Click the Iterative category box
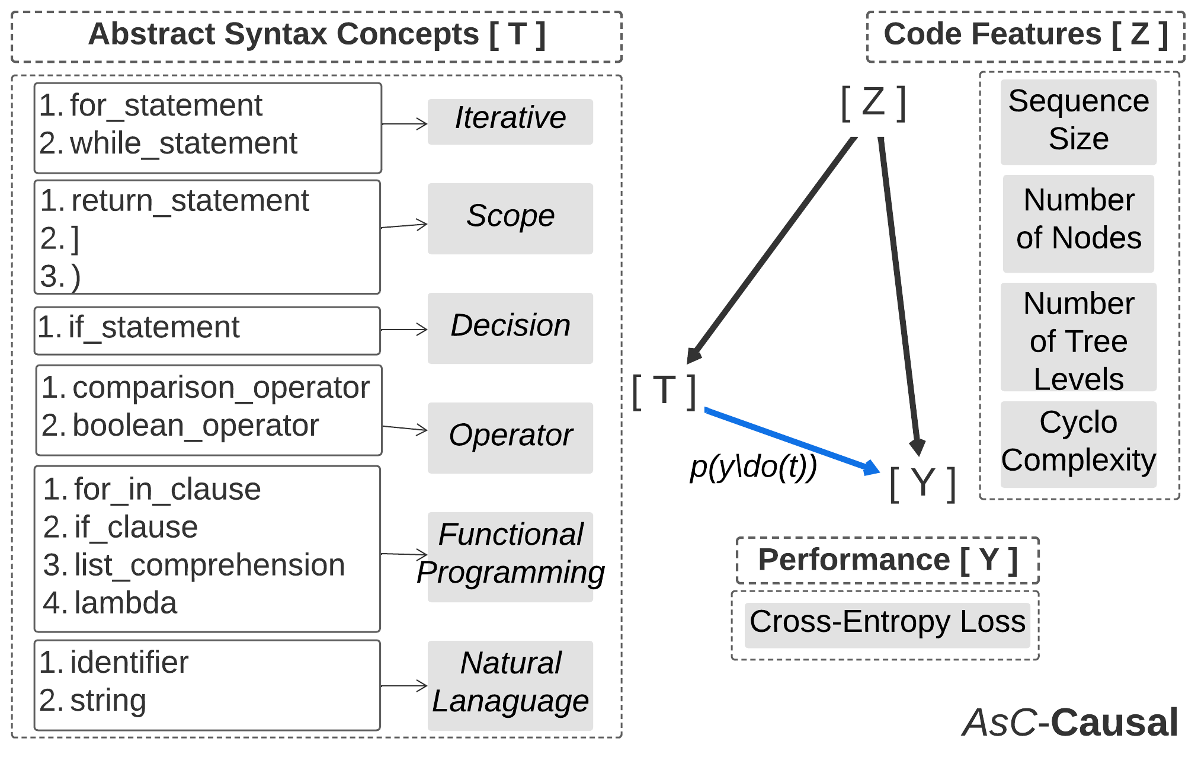click(510, 122)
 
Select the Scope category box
click(510, 218)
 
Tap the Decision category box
click(510, 328)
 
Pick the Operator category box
click(510, 437)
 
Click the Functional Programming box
click(510, 557)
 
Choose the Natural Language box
click(510, 685)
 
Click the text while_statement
click(183, 143)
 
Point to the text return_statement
click(190, 201)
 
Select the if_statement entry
click(153, 327)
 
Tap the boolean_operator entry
click(196, 426)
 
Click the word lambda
click(126, 603)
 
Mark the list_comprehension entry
click(209, 565)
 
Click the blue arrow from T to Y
click(788, 439)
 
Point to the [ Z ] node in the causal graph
click(873, 103)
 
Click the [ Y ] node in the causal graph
click(922, 483)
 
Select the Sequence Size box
click(1078, 122)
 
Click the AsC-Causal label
click(1070, 722)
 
